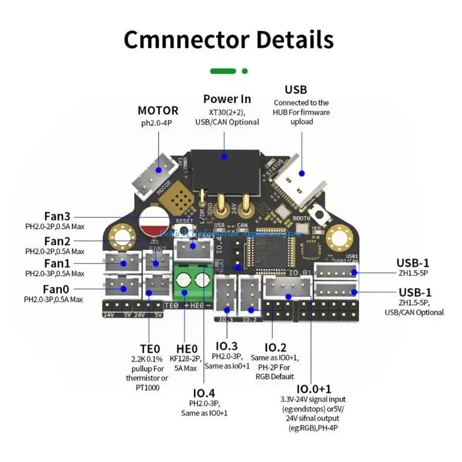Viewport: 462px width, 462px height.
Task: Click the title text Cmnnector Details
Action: (x=229, y=39)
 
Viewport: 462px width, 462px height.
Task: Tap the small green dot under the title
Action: (x=245, y=71)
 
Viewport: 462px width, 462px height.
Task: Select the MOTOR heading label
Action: (x=158, y=110)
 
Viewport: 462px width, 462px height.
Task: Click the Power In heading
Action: (x=227, y=99)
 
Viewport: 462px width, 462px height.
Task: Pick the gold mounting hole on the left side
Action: (x=122, y=236)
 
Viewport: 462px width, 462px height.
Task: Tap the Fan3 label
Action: (x=58, y=216)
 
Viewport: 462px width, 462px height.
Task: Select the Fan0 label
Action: (x=56, y=288)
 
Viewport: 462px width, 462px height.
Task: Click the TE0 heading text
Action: (x=150, y=349)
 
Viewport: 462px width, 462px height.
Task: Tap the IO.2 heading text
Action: (x=275, y=347)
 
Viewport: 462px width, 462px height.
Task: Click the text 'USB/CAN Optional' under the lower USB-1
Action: (x=414, y=312)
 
